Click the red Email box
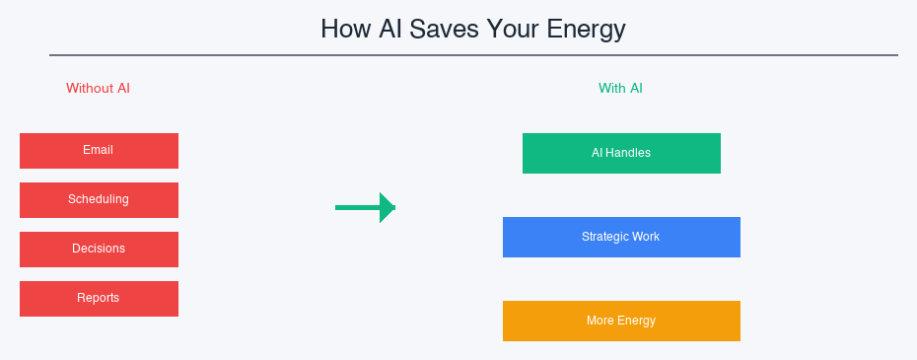pos(99,151)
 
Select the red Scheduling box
pos(99,200)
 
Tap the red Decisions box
pos(99,250)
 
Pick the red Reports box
pos(99,299)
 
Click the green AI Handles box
pos(621,154)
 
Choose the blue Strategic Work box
pos(621,238)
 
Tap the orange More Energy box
pos(621,322)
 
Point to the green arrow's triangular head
pos(387,207)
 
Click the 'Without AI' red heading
pos(98,88)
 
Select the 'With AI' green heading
pos(620,88)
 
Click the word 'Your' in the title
pos(507,30)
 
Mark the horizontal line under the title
pos(473,55)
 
